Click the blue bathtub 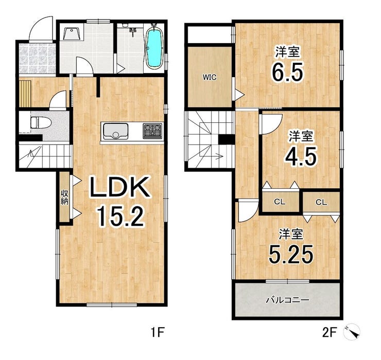[x=154, y=48]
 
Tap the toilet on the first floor [x=41, y=122]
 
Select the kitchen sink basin [x=116, y=131]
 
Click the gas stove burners [x=152, y=131]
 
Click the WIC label [x=210, y=78]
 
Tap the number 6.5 [x=288, y=71]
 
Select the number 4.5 [x=301, y=156]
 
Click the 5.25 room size [x=290, y=254]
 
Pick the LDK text [x=119, y=187]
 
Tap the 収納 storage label [x=64, y=197]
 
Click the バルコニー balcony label [x=288, y=300]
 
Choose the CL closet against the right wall [x=321, y=202]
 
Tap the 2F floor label [x=329, y=332]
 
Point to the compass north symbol [x=352, y=331]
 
